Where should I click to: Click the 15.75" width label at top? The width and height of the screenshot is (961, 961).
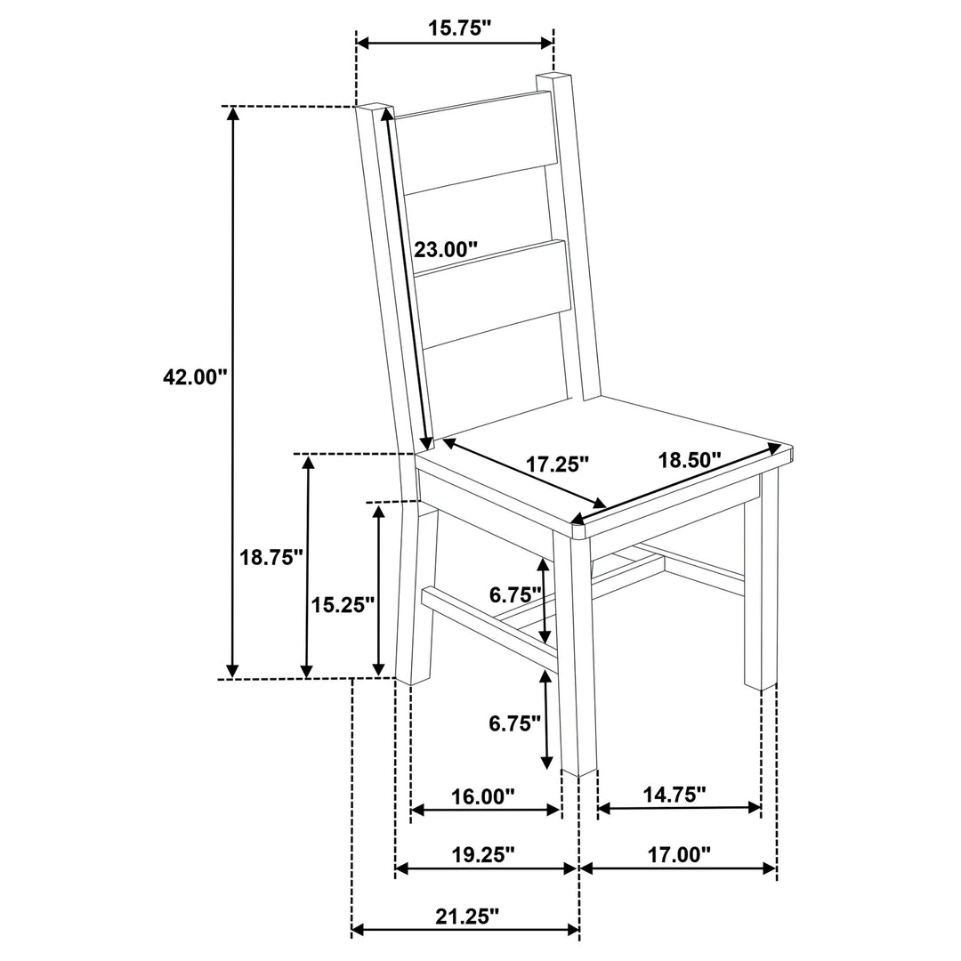460,28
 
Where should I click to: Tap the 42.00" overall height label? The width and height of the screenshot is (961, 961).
195,376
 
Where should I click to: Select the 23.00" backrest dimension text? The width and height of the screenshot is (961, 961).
446,249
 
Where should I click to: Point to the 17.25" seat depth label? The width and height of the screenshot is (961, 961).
557,464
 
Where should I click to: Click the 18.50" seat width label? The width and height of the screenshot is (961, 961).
690,460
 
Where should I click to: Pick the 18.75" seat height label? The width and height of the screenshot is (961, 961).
271,557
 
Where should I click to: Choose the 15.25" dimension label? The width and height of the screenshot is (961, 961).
343,605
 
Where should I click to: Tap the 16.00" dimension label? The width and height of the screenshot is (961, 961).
483,796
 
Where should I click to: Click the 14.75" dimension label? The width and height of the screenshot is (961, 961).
674,795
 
